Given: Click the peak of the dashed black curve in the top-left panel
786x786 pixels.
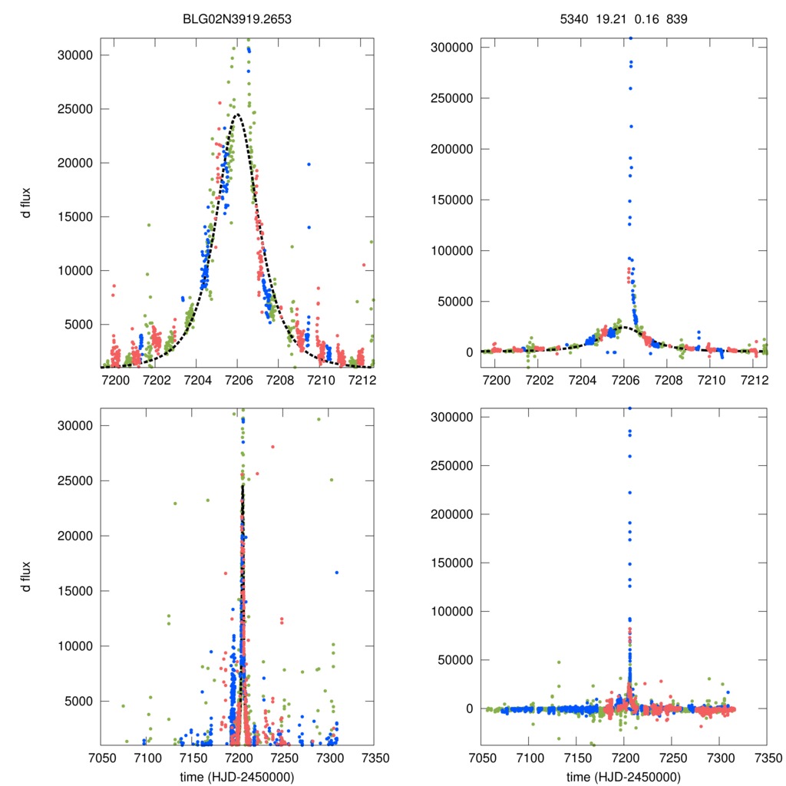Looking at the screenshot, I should pos(237,114).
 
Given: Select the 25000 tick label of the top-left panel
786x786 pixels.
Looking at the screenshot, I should pos(75,109).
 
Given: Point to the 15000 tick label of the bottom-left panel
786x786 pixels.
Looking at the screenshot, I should pos(75,591).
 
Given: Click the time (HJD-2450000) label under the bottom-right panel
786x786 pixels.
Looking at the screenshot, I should pos(623,777).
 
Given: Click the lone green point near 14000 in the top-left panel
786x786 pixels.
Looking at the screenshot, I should pos(149,225).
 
